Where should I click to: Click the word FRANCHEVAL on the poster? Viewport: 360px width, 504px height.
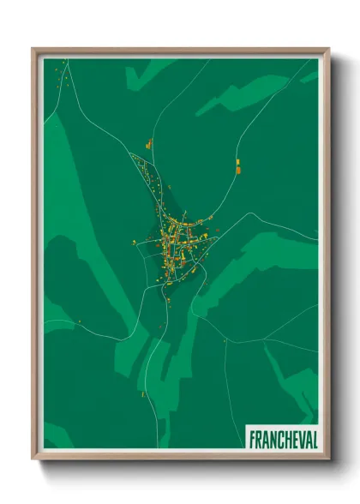pyautogui.click(x=282, y=438)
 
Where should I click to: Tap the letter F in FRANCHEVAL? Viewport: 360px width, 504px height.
pyautogui.click(x=252, y=438)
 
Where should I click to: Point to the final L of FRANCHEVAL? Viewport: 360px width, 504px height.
pyautogui.click(x=313, y=438)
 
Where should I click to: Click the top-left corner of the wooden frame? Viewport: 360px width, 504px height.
pyautogui.click(x=33, y=49)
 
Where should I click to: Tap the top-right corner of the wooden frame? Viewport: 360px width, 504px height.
pyautogui.click(x=328, y=49)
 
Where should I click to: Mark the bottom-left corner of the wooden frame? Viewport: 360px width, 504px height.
pyautogui.click(x=33, y=459)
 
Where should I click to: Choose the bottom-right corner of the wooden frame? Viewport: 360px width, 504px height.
pyautogui.click(x=328, y=459)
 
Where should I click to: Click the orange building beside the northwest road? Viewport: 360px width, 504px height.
pyautogui.click(x=147, y=144)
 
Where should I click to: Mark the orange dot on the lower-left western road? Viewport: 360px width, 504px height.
pyautogui.click(x=78, y=321)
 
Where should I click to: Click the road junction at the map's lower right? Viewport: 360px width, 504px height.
pyautogui.click(x=225, y=340)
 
